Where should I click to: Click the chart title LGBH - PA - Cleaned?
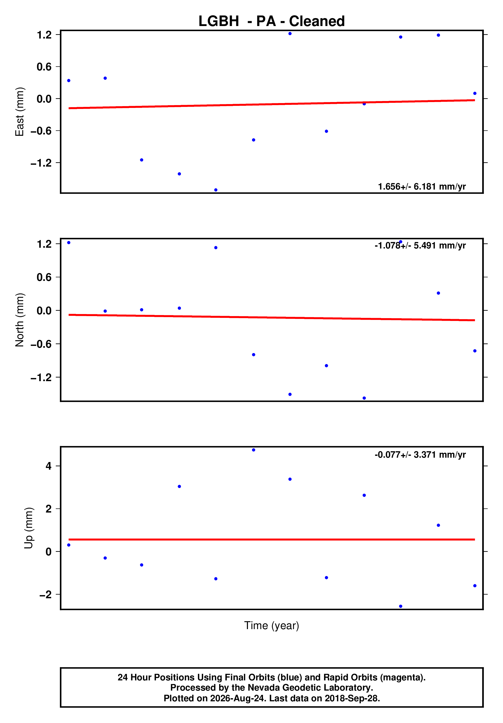(271, 21)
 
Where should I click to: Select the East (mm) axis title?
(20, 112)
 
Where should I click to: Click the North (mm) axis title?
(20, 320)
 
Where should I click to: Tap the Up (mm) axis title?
(29, 528)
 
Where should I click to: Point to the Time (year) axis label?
(271, 625)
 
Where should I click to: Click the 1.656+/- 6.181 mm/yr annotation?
(422, 186)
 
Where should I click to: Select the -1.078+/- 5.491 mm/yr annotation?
(420, 245)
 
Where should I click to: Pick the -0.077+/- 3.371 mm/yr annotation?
(420, 455)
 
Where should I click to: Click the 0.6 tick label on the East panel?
(44, 67)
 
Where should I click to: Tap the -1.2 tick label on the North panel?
(41, 377)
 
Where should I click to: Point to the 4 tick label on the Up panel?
(48, 466)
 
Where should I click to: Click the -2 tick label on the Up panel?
(45, 594)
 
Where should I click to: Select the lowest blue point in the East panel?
(216, 190)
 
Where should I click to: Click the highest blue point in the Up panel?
(254, 450)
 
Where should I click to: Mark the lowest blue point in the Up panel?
(401, 606)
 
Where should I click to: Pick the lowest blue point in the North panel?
(364, 398)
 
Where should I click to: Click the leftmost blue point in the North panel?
(69, 242)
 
